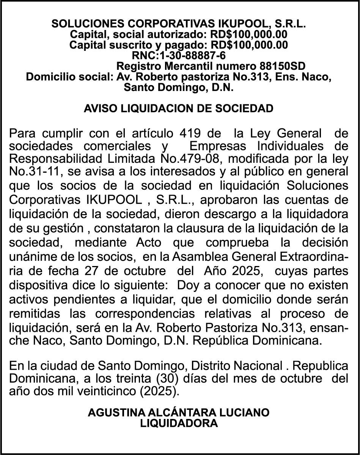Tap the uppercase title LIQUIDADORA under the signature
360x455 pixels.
(x=179, y=423)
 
